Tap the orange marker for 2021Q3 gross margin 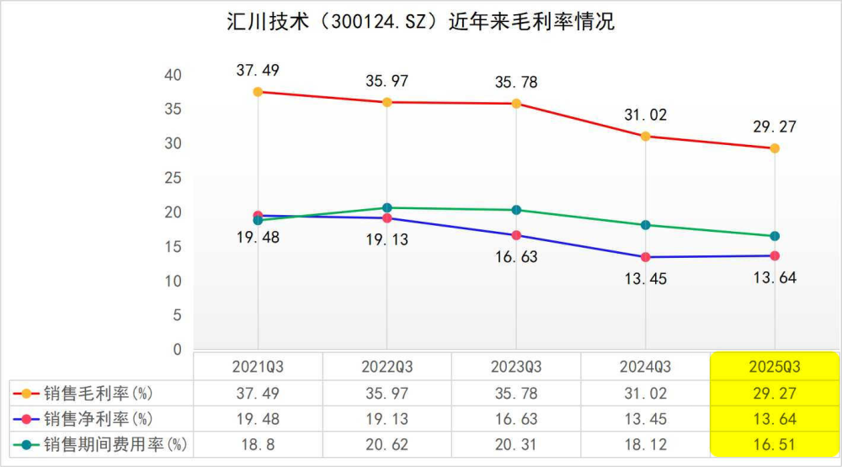(258, 92)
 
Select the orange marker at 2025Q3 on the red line (775, 148)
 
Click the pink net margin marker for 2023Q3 (516, 235)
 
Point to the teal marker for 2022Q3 (387, 207)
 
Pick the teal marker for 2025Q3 (775, 236)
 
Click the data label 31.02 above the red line (646, 115)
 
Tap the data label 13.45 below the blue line (646, 279)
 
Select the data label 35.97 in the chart (386, 82)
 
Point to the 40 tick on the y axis (173, 75)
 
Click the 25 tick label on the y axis (173, 178)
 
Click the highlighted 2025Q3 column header (775, 367)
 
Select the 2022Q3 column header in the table (386, 367)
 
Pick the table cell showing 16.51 (775, 443)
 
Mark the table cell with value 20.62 (386, 443)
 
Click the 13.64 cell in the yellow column (775, 418)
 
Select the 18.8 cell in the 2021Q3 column (258, 443)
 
